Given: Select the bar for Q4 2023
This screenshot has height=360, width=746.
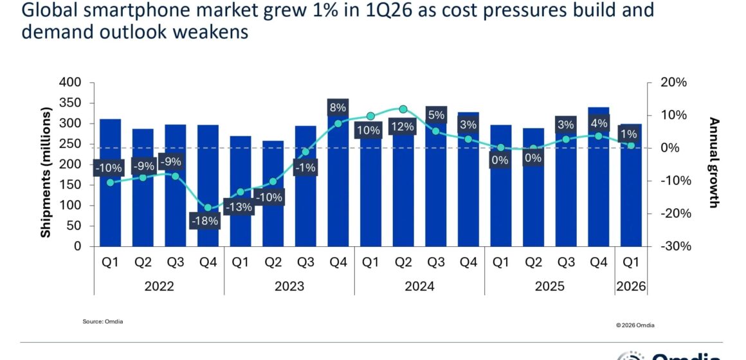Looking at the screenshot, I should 338,186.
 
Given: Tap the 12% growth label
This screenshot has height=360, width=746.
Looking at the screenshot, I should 403,127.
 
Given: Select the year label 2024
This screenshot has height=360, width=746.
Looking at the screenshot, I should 419,286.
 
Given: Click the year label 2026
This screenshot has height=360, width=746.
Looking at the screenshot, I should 631,286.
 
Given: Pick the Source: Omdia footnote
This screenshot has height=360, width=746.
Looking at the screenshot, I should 102,321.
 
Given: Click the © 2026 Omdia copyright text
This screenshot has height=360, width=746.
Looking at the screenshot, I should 635,325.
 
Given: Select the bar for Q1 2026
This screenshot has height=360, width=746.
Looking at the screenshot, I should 631,193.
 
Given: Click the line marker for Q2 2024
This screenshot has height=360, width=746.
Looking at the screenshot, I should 403,110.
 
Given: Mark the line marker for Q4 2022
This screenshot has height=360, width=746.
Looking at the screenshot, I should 208,208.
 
